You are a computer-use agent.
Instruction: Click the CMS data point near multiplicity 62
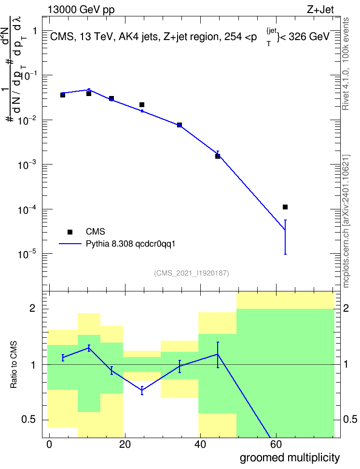(x=285, y=207)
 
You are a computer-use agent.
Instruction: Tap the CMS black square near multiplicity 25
(x=142, y=105)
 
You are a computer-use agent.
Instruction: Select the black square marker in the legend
(x=70, y=232)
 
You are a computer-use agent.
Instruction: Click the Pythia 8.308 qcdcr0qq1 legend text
(x=130, y=244)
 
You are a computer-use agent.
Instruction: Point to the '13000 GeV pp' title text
(x=81, y=10)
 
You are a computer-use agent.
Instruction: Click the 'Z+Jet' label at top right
(x=320, y=10)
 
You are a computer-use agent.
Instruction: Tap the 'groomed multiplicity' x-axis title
(x=290, y=457)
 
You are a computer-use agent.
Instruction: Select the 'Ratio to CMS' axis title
(x=14, y=365)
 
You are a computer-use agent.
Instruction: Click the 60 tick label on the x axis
(x=276, y=445)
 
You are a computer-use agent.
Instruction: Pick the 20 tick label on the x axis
(x=125, y=445)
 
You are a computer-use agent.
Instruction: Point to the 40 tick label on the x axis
(x=200, y=445)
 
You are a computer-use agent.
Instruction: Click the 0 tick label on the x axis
(x=49, y=445)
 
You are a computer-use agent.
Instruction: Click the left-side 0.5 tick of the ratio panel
(x=28, y=420)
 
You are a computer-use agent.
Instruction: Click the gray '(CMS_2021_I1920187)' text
(x=192, y=273)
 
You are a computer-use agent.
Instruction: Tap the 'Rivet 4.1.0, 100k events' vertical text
(x=346, y=64)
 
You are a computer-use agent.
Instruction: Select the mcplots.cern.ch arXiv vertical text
(x=346, y=221)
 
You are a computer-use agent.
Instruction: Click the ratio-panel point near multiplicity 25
(x=142, y=390)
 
